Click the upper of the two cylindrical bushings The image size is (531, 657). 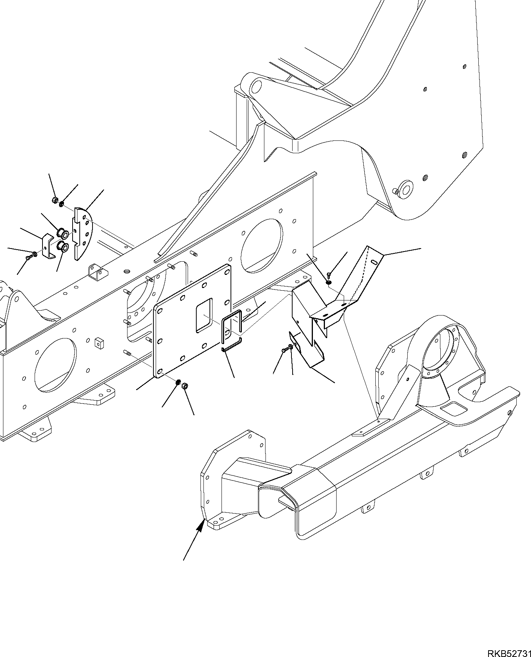[x=62, y=234]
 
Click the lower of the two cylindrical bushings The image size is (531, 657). [x=62, y=247]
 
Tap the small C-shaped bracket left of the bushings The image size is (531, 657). [x=48, y=247]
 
